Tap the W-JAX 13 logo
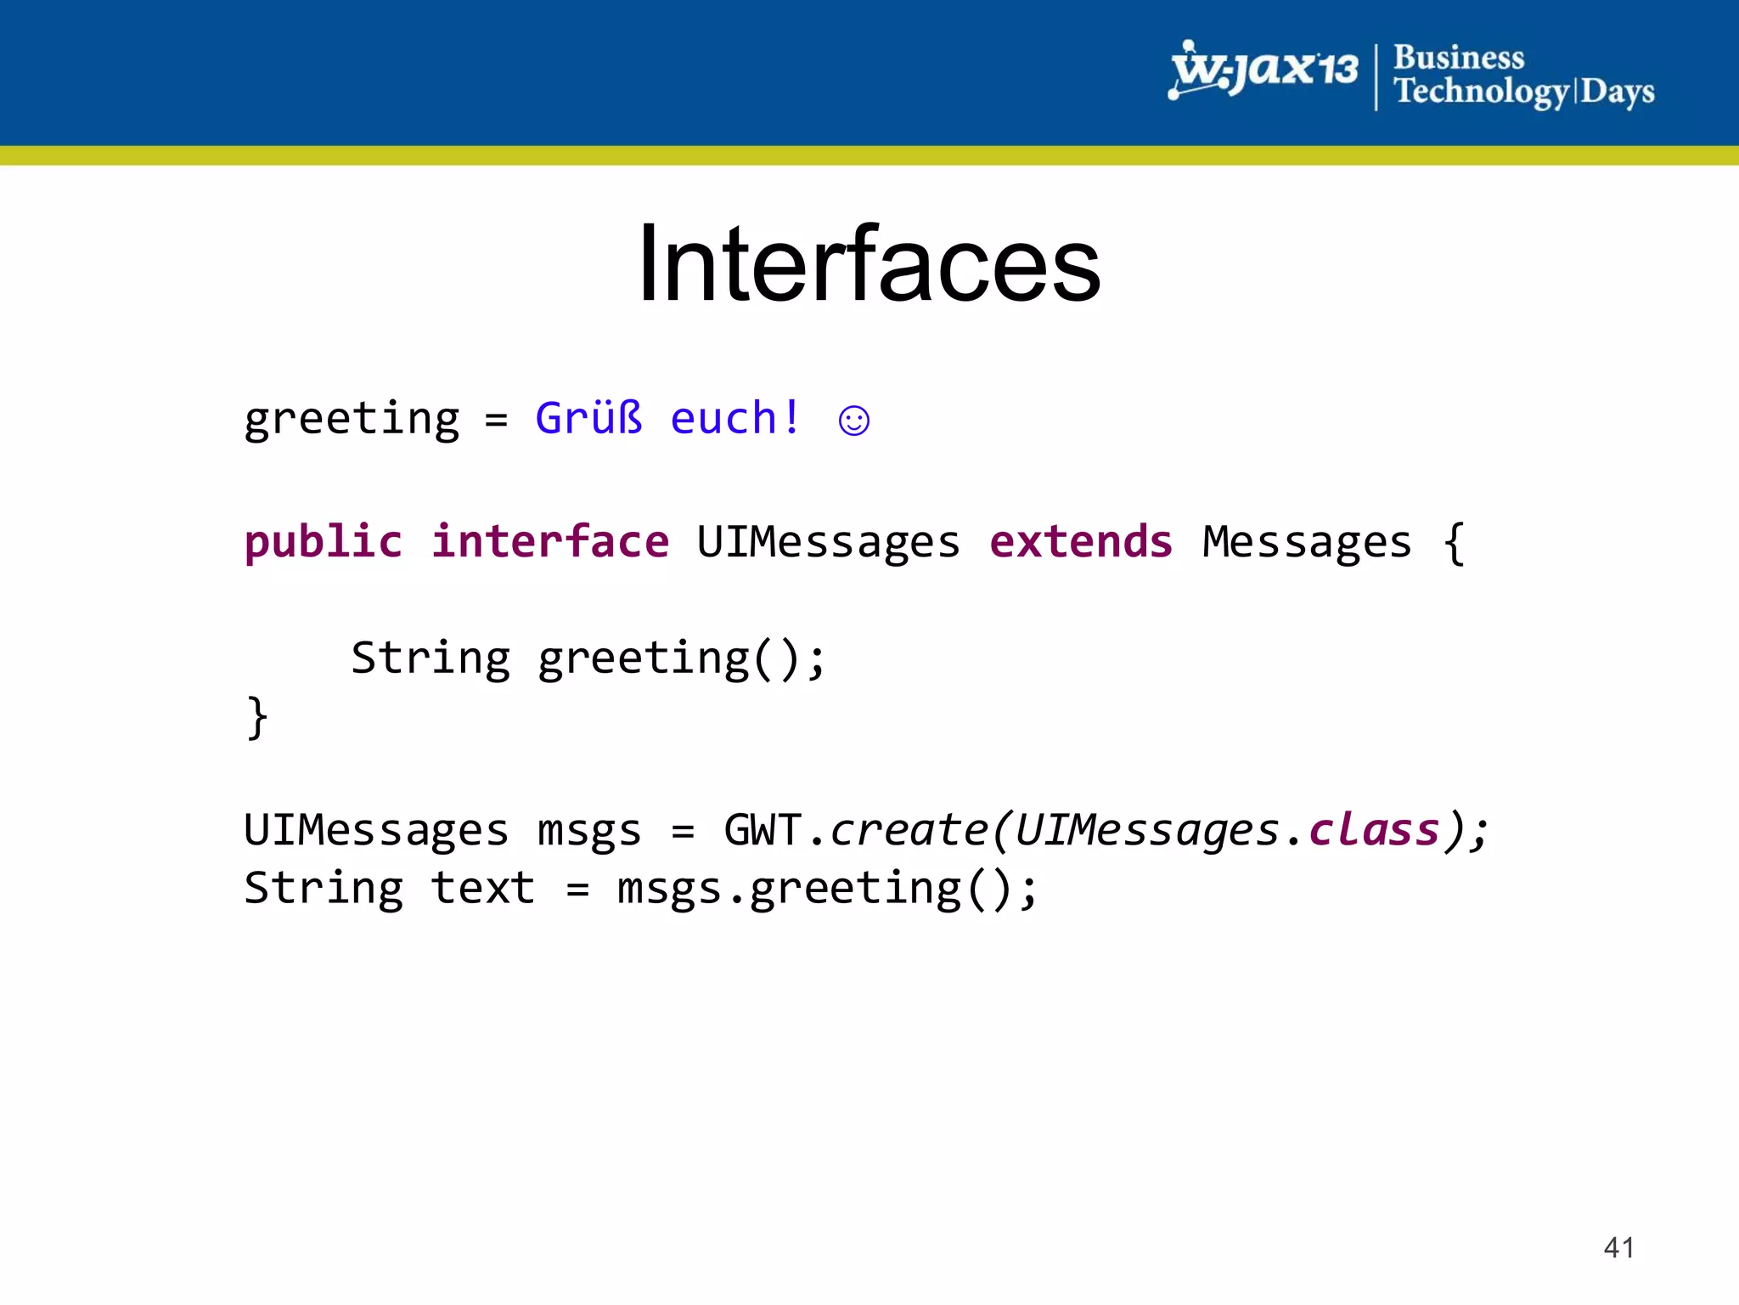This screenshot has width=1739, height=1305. pyautogui.click(x=1263, y=70)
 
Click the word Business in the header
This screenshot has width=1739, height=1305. pyautogui.click(x=1458, y=58)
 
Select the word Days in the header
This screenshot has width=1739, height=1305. pyautogui.click(x=1617, y=92)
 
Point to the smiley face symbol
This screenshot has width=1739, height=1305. pyautogui.click(x=853, y=421)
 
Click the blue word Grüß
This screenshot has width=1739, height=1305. pyautogui.click(x=588, y=418)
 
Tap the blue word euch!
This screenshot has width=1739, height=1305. pyautogui.click(x=734, y=418)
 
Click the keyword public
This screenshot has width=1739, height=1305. pyautogui.click(x=323, y=542)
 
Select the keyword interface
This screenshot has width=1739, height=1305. pyautogui.click(x=549, y=542)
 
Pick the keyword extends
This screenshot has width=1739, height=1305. pyautogui.click(x=1080, y=542)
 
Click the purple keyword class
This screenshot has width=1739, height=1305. pyautogui.click(x=1373, y=830)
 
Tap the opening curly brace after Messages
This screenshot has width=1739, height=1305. pyautogui.click(x=1454, y=544)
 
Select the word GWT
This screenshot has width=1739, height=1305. pyautogui.click(x=762, y=830)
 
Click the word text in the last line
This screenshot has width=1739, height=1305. pyautogui.click(x=482, y=889)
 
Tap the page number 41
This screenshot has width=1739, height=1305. pyautogui.click(x=1618, y=1247)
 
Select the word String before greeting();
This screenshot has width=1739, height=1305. pyautogui.click(x=431, y=658)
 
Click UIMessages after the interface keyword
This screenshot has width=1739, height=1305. pyautogui.click(x=828, y=542)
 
